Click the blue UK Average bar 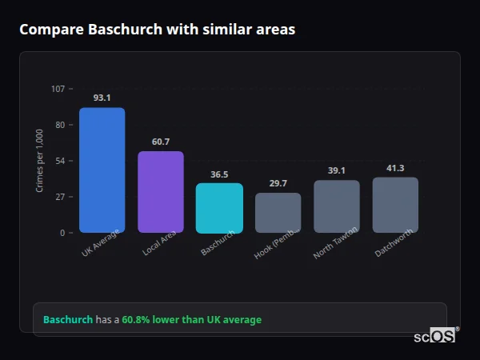[x=102, y=170]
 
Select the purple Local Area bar [x=161, y=192]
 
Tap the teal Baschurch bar [x=219, y=208]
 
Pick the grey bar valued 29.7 [x=278, y=213]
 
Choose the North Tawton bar [x=337, y=206]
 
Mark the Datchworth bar [x=395, y=205]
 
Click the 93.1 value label [x=102, y=98]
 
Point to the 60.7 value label [x=161, y=142]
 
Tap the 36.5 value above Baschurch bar [x=219, y=174]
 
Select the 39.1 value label [x=337, y=170]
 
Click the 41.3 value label [x=395, y=168]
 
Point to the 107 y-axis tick [x=58, y=89]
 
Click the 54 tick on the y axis [x=60, y=161]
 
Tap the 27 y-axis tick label [x=60, y=197]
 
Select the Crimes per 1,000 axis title [x=40, y=161]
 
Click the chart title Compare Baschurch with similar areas [x=157, y=30]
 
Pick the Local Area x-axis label [x=159, y=244]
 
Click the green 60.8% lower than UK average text [x=191, y=320]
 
